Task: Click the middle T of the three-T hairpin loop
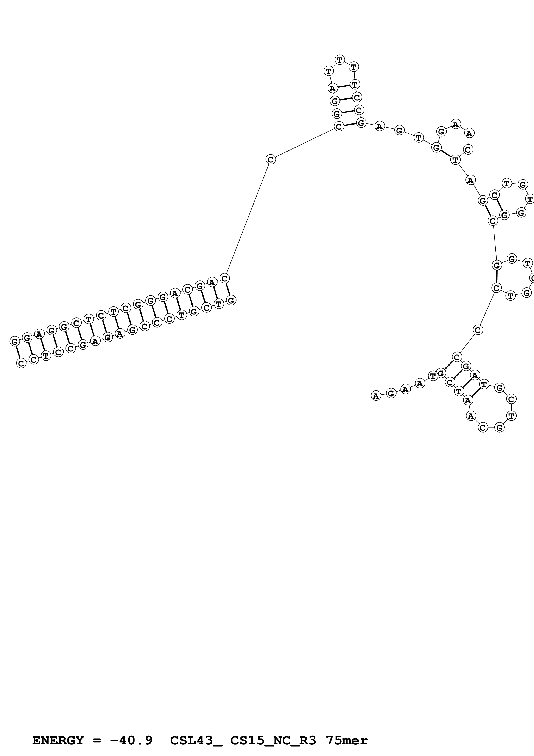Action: click(x=339, y=60)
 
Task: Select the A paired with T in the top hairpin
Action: click(x=333, y=88)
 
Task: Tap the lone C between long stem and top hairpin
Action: click(x=271, y=159)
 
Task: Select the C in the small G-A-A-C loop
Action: click(x=468, y=150)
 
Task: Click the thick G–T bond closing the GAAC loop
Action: click(x=446, y=154)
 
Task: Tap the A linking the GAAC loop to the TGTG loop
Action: click(x=470, y=180)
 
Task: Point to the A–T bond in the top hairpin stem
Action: click(x=344, y=86)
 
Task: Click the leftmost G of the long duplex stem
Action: click(x=14, y=341)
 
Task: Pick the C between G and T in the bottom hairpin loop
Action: click(x=511, y=399)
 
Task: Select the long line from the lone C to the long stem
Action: click(x=248, y=219)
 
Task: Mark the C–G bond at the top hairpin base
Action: click(x=350, y=125)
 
